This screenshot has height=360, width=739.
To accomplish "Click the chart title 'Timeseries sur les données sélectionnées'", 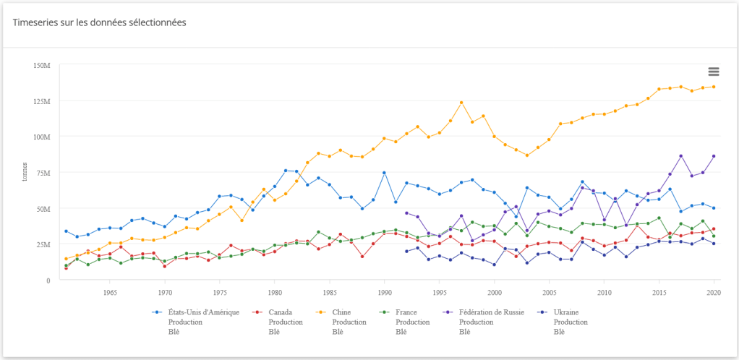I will (100, 22).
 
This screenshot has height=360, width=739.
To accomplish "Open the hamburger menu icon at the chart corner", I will (714, 71).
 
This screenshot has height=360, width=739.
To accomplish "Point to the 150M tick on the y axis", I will (40, 65).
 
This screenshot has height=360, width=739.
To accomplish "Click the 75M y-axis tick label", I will (42, 173).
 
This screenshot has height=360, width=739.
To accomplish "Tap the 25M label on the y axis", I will (42, 244).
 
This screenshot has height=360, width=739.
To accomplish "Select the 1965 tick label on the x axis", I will (110, 293).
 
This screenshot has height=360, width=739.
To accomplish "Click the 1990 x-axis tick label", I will (384, 293).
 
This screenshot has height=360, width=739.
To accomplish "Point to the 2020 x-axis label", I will (713, 293).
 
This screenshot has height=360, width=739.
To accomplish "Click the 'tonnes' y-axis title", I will (24, 173).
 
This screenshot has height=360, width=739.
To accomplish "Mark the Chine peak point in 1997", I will (461, 103).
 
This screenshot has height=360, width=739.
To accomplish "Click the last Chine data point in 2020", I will (714, 87).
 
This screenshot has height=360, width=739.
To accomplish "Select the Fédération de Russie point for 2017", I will (680, 156).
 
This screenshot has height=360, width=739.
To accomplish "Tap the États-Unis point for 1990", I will (384, 173).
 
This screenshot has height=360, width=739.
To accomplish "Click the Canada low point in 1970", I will (165, 266).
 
